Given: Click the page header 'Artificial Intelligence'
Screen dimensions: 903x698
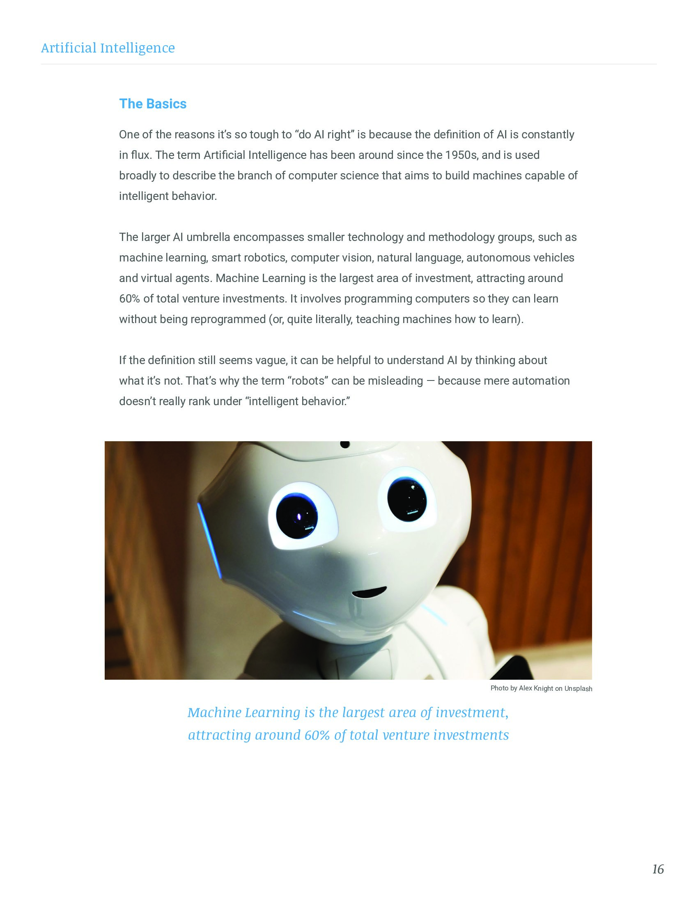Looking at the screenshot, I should click(x=108, y=48).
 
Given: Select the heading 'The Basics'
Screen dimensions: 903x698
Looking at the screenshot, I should click(x=153, y=104).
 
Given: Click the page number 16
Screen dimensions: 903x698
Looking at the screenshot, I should click(x=658, y=869).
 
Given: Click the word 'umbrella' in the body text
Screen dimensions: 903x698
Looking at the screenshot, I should click(x=208, y=237).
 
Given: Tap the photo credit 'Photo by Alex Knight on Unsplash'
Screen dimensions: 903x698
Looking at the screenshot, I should click(x=541, y=688).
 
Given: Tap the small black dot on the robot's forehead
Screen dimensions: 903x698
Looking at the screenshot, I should click(x=344, y=445).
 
